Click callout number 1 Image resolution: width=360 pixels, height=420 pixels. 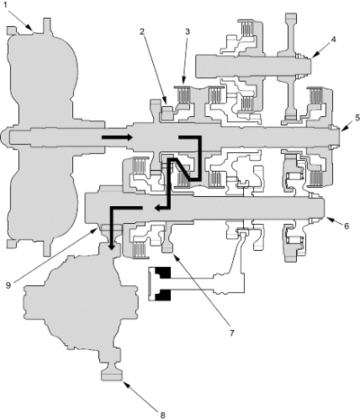point(4,5)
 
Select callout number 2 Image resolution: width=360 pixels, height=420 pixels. point(142,31)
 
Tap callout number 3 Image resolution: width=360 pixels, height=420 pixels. point(187,31)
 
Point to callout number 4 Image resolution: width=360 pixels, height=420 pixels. point(333,40)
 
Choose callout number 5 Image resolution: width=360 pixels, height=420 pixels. point(356,118)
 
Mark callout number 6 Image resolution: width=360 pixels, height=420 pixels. point(346,226)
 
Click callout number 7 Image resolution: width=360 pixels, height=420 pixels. point(231,333)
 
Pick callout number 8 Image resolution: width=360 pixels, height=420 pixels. point(162,416)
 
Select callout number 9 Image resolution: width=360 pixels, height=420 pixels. point(8,285)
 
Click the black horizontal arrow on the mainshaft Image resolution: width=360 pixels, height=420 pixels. point(117,138)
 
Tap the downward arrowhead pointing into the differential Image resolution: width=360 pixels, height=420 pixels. point(112,246)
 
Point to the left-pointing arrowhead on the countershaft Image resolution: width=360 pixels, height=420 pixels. point(157,208)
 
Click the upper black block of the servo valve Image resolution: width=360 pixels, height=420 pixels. point(162,273)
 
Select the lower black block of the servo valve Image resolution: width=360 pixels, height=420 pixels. point(162,295)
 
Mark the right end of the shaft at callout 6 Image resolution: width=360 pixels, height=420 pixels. point(323,208)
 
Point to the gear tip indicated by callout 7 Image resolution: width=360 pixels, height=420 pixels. point(167,249)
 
